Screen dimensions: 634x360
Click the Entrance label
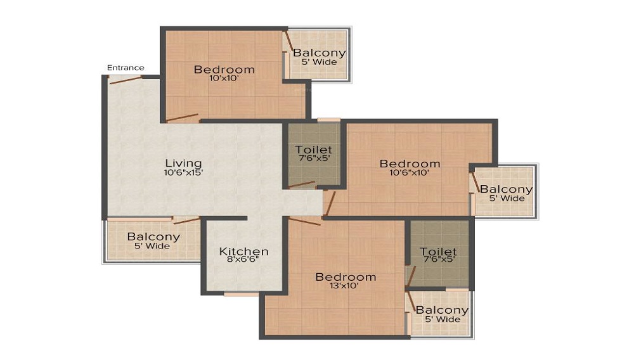coord(126,68)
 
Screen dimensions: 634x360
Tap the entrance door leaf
coord(126,80)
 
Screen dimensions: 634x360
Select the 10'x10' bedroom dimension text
coord(224,79)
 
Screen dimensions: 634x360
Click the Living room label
coord(184,164)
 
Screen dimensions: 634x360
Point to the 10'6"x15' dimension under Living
coord(183,172)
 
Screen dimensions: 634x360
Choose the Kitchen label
coord(243,252)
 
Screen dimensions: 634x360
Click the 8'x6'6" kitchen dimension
coord(243,259)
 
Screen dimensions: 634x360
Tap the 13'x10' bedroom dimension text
coord(344,286)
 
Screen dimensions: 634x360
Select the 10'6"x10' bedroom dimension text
coord(409,172)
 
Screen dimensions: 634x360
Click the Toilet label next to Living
coord(313,150)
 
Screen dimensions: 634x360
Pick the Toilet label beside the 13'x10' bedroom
coord(438,252)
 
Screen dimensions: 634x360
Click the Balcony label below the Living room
coord(153,237)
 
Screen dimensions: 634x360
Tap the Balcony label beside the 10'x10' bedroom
coord(320,53)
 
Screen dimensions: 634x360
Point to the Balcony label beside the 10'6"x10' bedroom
coord(506,189)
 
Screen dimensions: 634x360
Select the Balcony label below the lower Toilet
coord(442,311)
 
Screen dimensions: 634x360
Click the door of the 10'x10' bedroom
coord(182,118)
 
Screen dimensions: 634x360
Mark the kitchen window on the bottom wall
coord(241,294)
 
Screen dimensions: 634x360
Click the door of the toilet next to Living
coord(302,185)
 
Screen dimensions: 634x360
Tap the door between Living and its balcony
coord(186,220)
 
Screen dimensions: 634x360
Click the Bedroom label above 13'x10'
coord(346,277)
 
